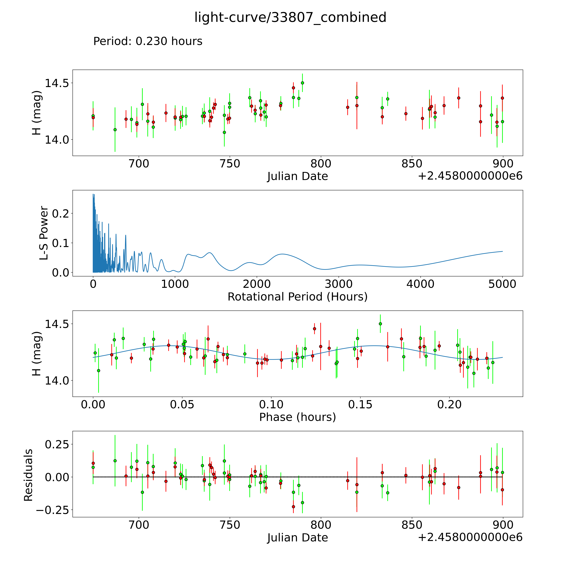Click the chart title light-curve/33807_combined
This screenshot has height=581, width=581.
click(290, 17)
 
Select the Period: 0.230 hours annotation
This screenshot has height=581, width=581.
click(148, 41)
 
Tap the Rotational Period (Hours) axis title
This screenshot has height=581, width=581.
click(297, 297)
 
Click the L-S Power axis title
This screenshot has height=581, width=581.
click(44, 233)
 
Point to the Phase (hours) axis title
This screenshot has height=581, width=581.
click(297, 417)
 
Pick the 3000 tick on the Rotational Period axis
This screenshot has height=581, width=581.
click(339, 284)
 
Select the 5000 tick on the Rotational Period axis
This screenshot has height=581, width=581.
click(502, 284)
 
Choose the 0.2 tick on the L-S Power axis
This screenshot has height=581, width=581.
click(61, 213)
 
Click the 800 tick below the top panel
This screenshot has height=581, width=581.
click(321, 164)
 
